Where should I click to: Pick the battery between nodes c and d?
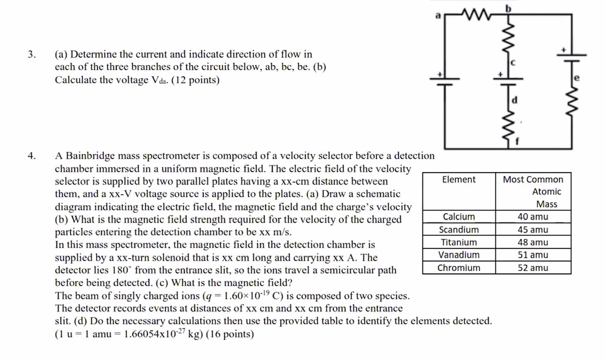point(509,81)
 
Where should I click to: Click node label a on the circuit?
point(438,15)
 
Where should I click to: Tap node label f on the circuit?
point(517,140)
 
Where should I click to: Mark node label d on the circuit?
point(515,100)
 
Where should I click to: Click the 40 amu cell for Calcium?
point(533,217)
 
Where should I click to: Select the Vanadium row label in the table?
point(458,255)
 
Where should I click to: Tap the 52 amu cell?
point(533,268)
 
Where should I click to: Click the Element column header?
point(458,179)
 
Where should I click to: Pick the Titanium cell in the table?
point(458,242)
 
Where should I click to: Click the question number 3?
point(31,54)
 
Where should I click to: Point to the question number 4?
point(31,156)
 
